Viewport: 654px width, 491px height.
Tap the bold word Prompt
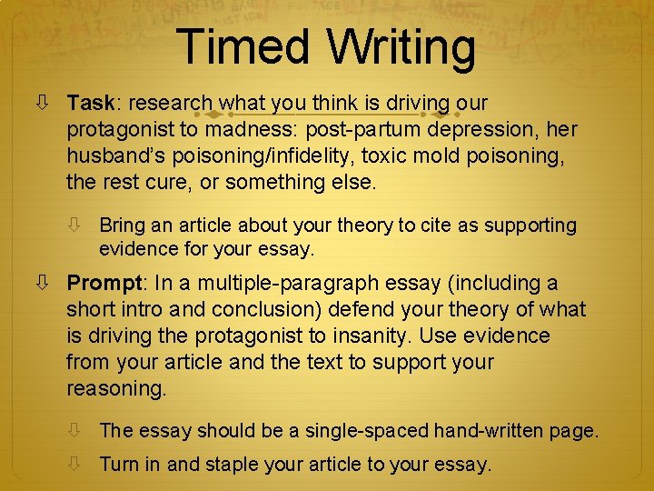(x=104, y=284)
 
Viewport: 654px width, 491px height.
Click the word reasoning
(x=115, y=388)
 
